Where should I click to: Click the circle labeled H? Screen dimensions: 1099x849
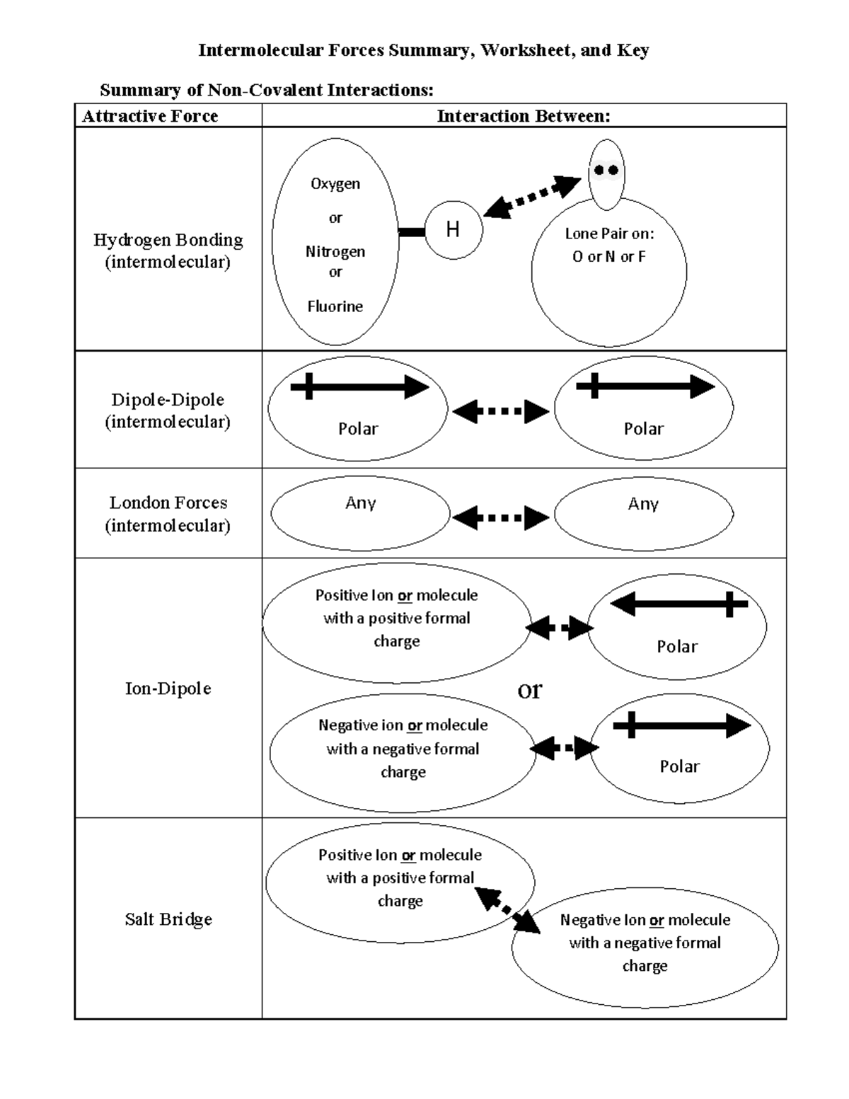pyautogui.click(x=454, y=229)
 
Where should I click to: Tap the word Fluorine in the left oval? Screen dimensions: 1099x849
pyautogui.click(x=335, y=306)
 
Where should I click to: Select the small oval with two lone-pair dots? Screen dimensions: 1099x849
pyautogui.click(x=606, y=173)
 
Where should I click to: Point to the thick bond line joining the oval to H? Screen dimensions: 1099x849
pyautogui.click(x=412, y=231)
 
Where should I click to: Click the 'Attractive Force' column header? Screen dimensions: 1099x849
pyautogui.click(x=150, y=116)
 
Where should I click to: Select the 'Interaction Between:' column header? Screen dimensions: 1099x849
pyautogui.click(x=524, y=116)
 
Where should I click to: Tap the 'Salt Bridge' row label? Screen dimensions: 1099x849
pyautogui.click(x=168, y=919)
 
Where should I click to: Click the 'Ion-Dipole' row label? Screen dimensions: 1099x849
pyautogui.click(x=168, y=689)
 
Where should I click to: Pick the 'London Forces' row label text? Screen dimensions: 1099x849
pyautogui.click(x=168, y=503)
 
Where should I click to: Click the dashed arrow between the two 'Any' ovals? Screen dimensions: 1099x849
pyautogui.click(x=501, y=518)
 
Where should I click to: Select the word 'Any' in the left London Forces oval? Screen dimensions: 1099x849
pyautogui.click(x=360, y=503)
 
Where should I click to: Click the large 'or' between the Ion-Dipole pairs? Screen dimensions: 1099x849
pyautogui.click(x=530, y=689)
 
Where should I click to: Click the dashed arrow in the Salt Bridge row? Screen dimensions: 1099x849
pyautogui.click(x=507, y=910)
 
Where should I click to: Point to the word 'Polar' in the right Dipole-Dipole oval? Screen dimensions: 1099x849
pyautogui.click(x=643, y=429)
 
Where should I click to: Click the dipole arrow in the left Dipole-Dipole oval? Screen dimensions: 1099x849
pyautogui.click(x=359, y=387)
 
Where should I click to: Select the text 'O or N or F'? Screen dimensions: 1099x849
pyautogui.click(x=608, y=257)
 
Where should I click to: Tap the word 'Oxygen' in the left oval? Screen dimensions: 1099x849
pyautogui.click(x=335, y=184)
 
